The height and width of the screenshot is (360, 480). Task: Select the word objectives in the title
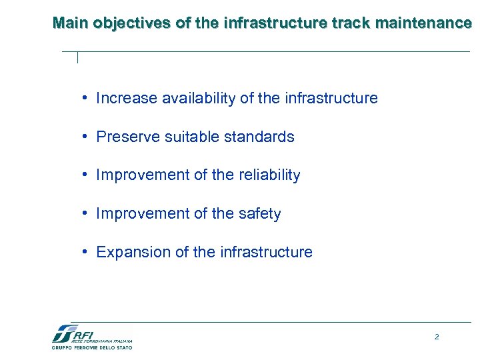tap(132, 24)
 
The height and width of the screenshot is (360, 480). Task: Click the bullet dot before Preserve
tap(85, 137)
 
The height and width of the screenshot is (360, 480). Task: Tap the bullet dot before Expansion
tap(85, 253)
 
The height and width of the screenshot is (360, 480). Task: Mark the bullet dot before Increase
tap(85, 99)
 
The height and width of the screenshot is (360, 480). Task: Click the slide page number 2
tap(437, 337)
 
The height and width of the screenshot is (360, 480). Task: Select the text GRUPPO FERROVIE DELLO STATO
tap(92, 347)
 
